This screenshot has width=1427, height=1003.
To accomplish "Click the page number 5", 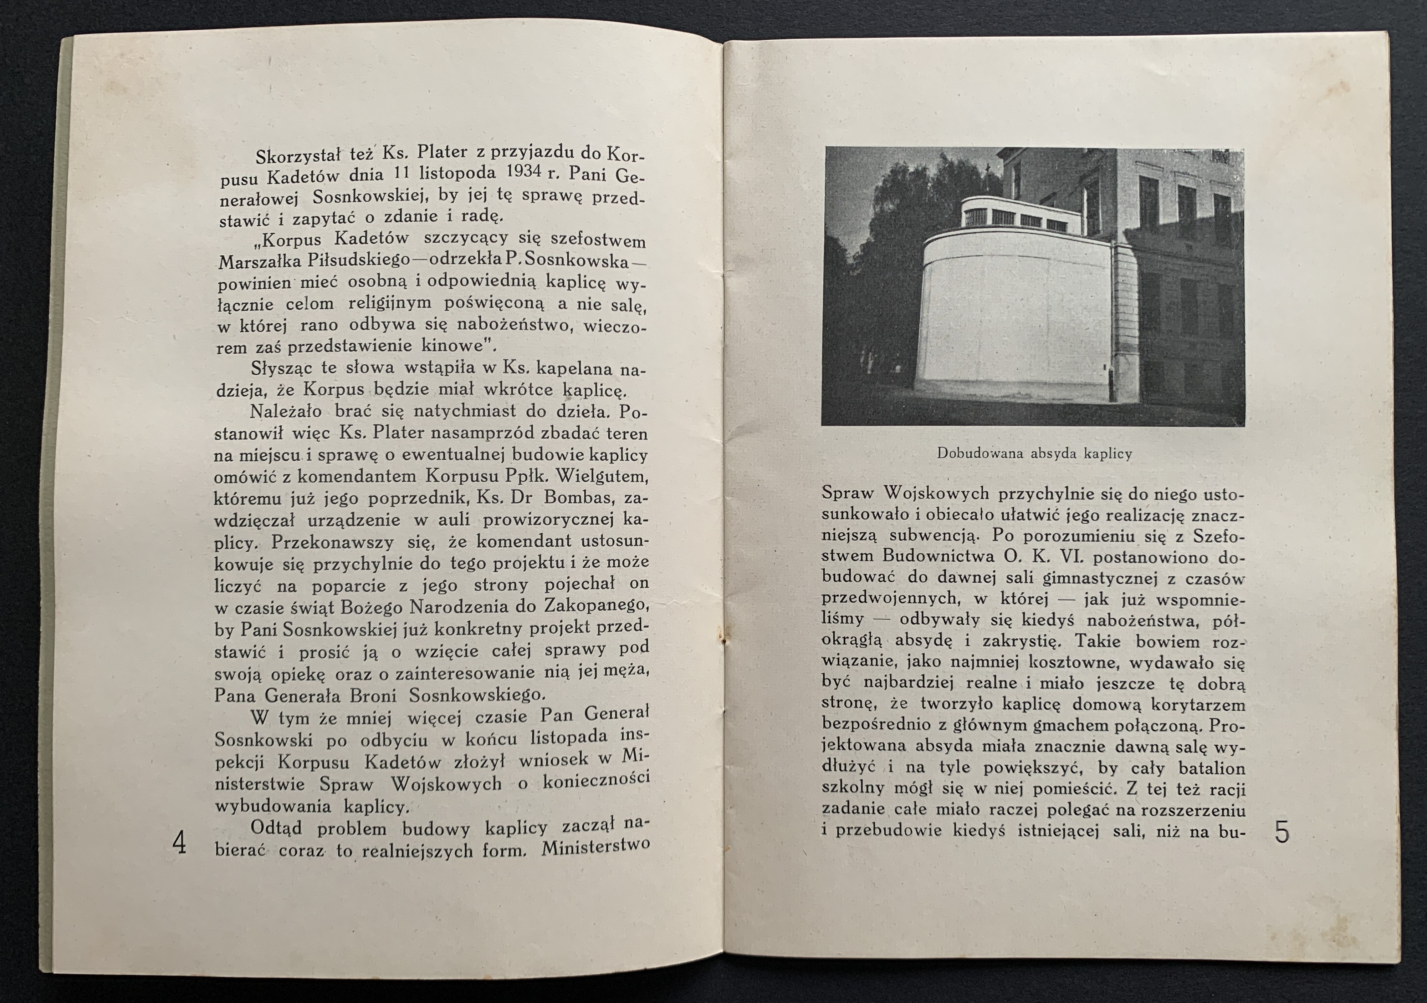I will click(1282, 832).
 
